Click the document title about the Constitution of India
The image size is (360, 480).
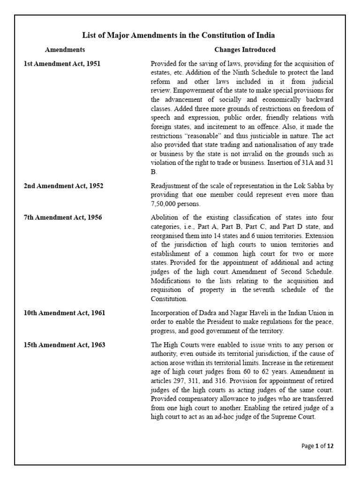[179, 35]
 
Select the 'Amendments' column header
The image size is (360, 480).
[65, 50]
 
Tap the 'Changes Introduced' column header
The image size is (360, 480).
[245, 50]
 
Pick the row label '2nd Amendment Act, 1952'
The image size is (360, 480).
[63, 186]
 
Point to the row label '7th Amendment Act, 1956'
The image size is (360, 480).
[63, 217]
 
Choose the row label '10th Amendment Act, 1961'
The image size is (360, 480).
[64, 313]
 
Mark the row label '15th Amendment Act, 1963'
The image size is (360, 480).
[64, 345]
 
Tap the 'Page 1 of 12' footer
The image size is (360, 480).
[317, 446]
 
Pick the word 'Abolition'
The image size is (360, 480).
[164, 217]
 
